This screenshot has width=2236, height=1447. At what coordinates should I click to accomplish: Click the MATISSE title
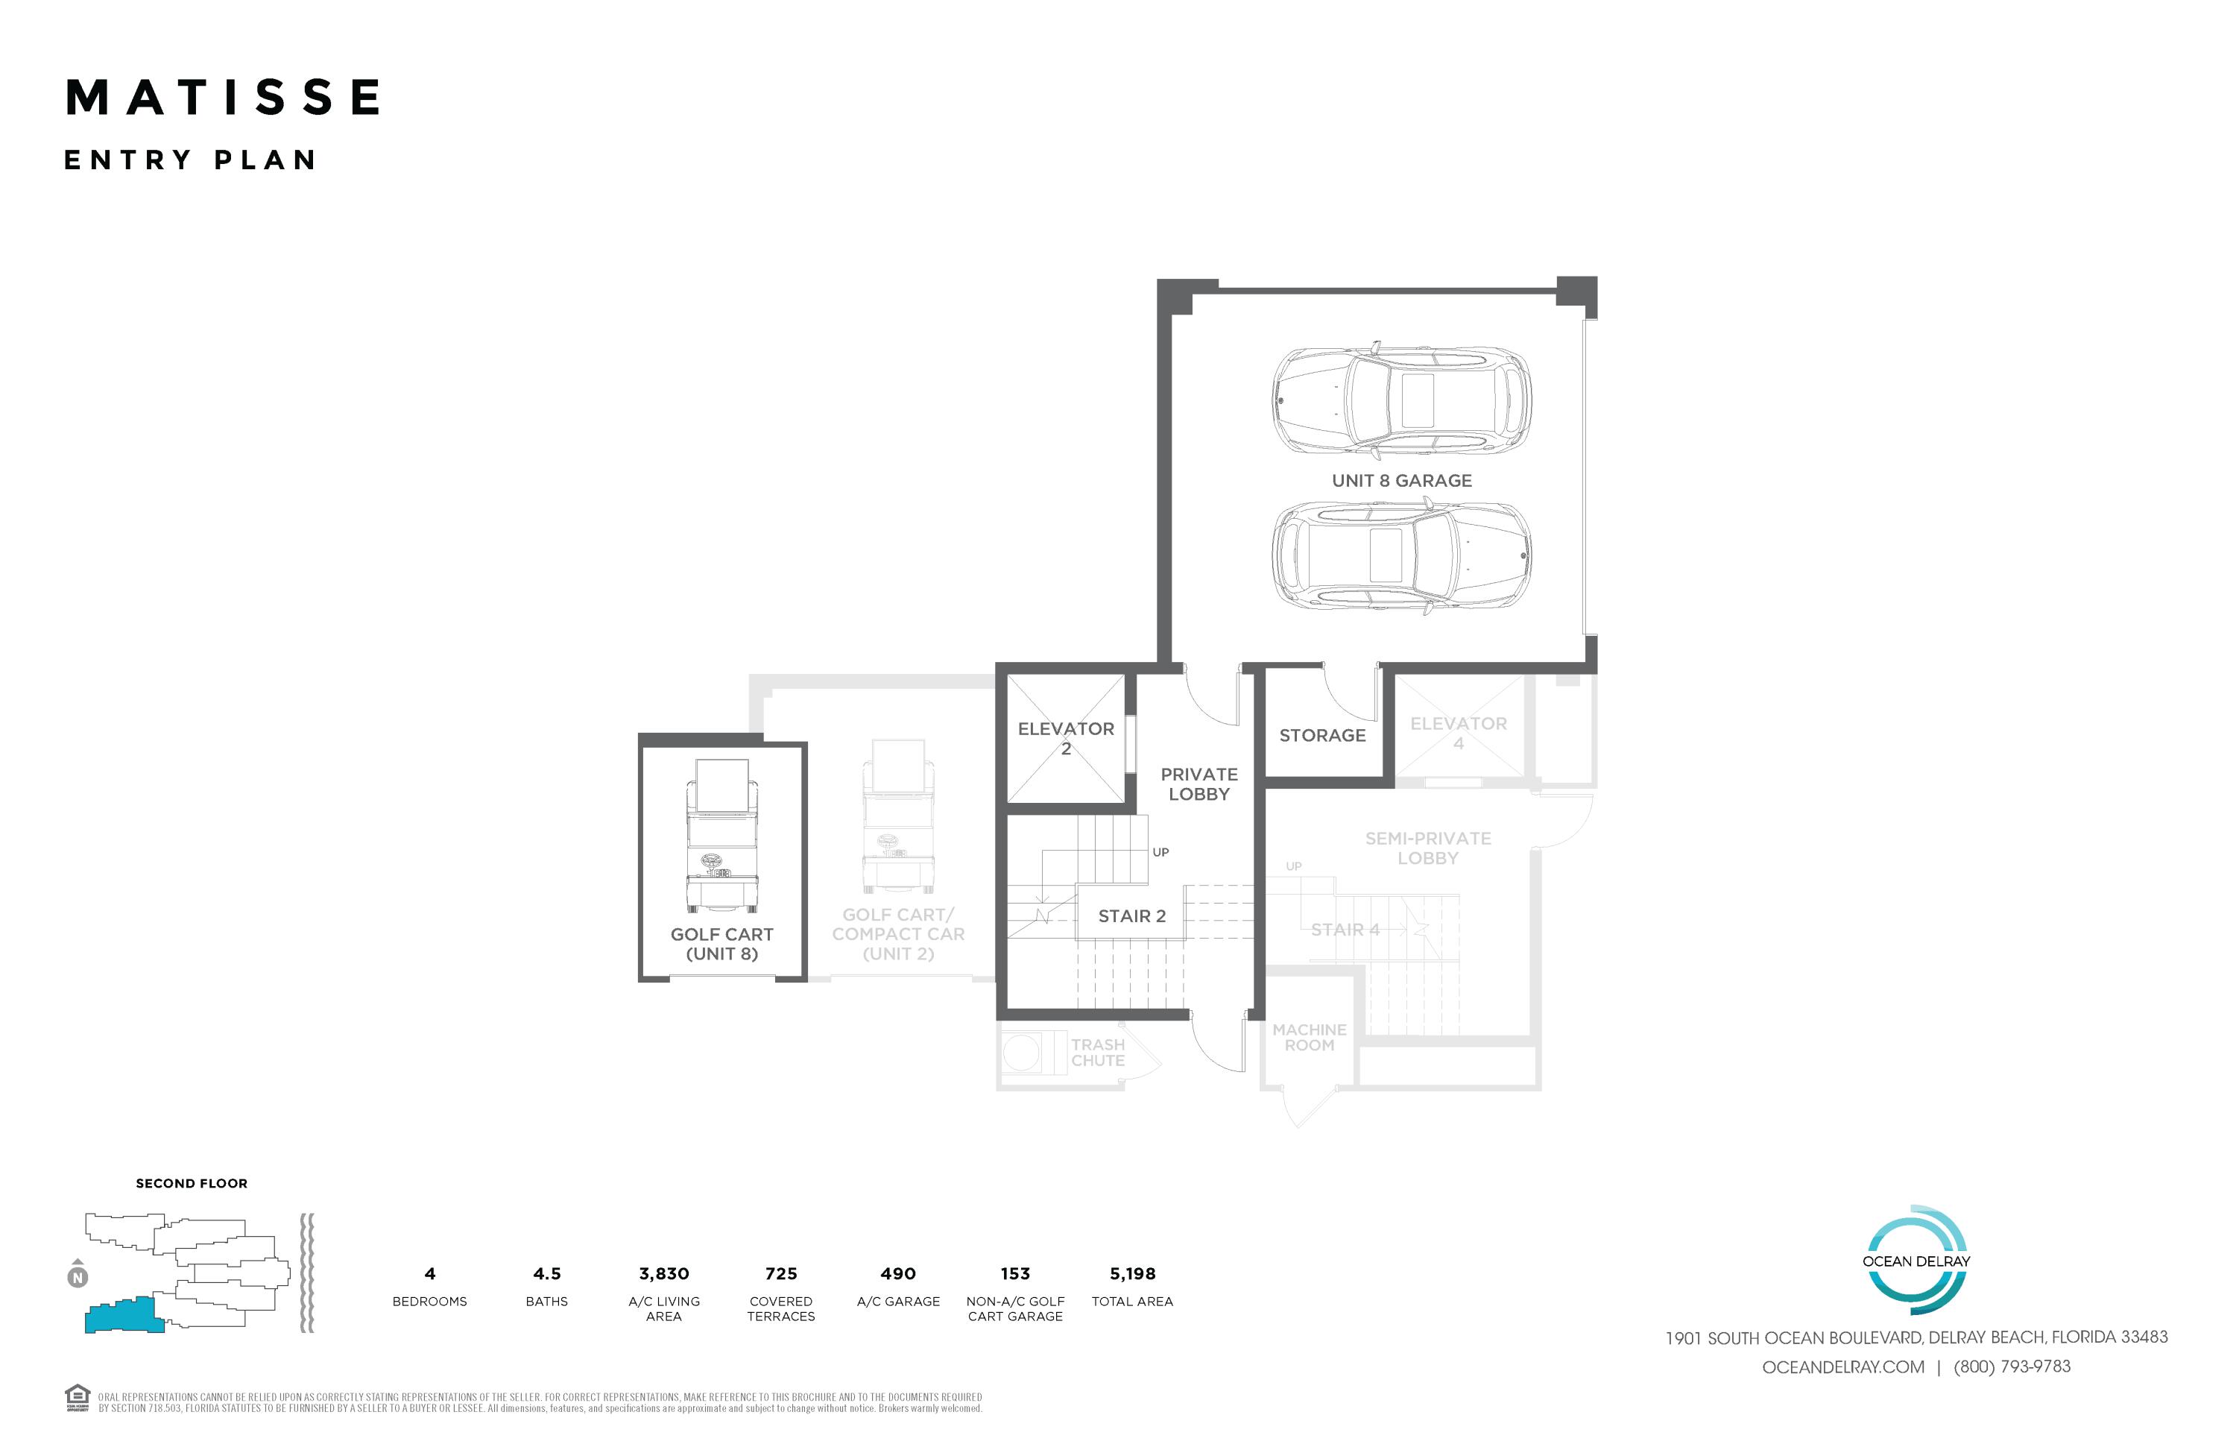point(224,98)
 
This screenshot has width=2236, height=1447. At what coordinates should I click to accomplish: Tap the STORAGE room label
point(1322,736)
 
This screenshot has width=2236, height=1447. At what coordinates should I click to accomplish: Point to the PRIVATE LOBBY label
point(1198,784)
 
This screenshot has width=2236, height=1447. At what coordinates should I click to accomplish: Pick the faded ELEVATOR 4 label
point(1458,733)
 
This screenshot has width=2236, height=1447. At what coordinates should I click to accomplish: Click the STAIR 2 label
point(1131,916)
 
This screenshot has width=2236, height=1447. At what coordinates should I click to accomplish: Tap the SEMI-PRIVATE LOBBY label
point(1428,848)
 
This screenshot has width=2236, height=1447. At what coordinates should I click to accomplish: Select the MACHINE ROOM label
point(1309,1037)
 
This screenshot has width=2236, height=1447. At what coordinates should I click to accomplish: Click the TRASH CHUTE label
point(1097,1053)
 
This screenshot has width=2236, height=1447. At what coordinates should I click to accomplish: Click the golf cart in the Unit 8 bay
point(721,836)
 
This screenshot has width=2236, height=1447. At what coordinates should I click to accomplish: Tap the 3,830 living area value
point(663,1274)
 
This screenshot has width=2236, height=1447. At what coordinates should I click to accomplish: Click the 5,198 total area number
point(1132,1274)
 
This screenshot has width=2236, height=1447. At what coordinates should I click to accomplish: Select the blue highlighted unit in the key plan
point(122,1316)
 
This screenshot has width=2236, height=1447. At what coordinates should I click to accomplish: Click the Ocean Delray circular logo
point(1916,1260)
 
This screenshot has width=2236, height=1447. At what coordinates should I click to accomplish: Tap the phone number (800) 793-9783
point(2012,1367)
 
